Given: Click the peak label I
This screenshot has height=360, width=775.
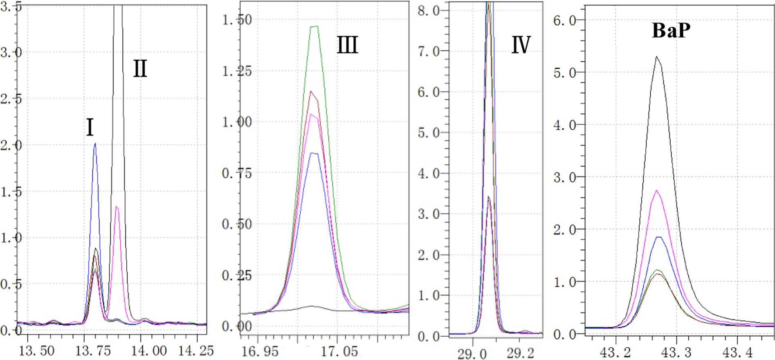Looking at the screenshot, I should (x=90, y=127).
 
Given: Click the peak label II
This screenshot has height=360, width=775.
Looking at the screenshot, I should (x=140, y=68).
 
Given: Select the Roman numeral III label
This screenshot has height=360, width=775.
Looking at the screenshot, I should (x=347, y=45).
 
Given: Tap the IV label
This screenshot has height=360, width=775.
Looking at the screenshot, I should (x=521, y=45).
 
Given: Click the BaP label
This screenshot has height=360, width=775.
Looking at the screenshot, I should (x=671, y=30).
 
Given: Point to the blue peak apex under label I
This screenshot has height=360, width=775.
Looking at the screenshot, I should (x=95, y=144).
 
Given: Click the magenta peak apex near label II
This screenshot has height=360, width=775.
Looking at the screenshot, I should (x=117, y=207).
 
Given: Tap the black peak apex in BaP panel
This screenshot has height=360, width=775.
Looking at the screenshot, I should (x=657, y=57).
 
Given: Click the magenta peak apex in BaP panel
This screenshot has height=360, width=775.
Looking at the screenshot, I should (x=657, y=190).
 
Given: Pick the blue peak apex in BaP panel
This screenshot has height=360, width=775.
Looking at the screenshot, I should (x=658, y=237).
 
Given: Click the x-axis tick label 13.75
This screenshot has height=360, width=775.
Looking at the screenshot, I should (x=93, y=351).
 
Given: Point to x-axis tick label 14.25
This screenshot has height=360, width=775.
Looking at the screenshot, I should (x=196, y=351).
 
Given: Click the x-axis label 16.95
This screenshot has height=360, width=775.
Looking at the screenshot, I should (x=260, y=351).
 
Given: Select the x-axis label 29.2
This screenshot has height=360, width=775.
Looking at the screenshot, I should (x=520, y=353).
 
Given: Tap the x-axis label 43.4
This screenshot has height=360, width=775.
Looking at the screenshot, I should (x=737, y=352).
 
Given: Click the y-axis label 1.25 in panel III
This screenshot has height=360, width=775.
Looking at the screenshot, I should (x=237, y=72).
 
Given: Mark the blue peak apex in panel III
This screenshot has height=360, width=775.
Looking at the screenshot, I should (x=314, y=153).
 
